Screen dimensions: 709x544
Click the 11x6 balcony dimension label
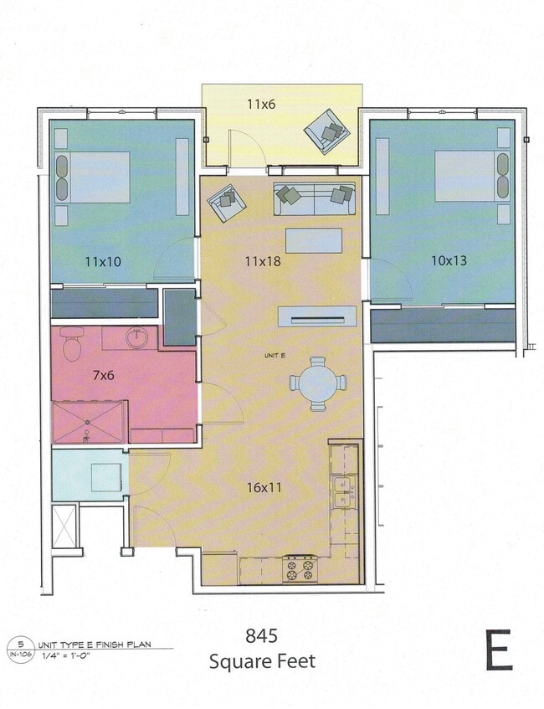[x=262, y=105]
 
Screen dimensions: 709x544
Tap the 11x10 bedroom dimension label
[x=103, y=261]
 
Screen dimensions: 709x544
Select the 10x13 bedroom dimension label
[x=448, y=260]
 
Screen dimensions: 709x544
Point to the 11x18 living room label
[x=262, y=261]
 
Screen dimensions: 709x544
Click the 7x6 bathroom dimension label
[x=103, y=376]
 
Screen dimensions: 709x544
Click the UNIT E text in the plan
[x=275, y=356]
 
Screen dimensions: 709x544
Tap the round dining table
[x=318, y=383]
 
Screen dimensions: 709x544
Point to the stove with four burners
[x=300, y=568]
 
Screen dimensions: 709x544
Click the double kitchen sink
[x=344, y=491]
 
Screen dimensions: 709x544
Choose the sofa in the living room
[x=314, y=198]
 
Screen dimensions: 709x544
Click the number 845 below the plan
[x=262, y=635]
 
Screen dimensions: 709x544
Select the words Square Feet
[x=262, y=661]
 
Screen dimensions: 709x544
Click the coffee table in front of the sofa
[x=314, y=240]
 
